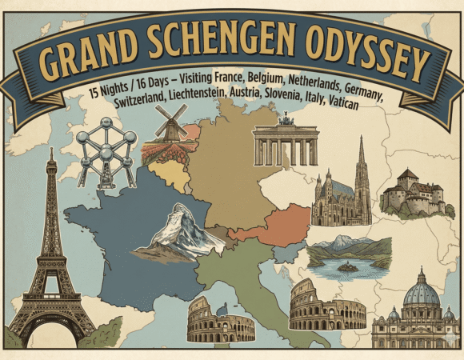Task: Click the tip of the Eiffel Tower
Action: [x=50, y=152]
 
